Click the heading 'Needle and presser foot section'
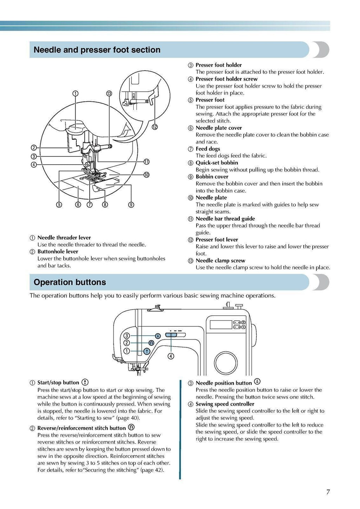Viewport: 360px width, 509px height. coord(97,50)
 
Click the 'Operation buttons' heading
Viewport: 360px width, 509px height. coord(70,282)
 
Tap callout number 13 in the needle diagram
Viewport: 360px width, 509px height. coord(109,93)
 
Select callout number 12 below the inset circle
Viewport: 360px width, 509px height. coord(154,127)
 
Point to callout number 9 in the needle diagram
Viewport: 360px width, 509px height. coord(131,205)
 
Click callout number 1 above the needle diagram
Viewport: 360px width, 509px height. coord(75,93)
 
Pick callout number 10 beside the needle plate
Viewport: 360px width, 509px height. coord(146,174)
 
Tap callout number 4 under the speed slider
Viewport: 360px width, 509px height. coord(171,356)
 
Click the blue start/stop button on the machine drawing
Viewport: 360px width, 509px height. coord(147,351)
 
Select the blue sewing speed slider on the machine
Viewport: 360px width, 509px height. coord(171,335)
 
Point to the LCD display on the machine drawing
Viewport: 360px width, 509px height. coord(221,324)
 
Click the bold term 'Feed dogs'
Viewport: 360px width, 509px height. coord(208,149)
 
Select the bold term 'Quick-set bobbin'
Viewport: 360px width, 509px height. coord(217,163)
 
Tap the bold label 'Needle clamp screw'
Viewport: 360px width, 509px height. coord(220,261)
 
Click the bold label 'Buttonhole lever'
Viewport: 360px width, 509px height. coord(58,252)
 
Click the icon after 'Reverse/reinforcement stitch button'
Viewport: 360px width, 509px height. coord(131,427)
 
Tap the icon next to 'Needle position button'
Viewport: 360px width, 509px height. coord(257,382)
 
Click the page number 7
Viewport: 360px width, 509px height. coord(328,492)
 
